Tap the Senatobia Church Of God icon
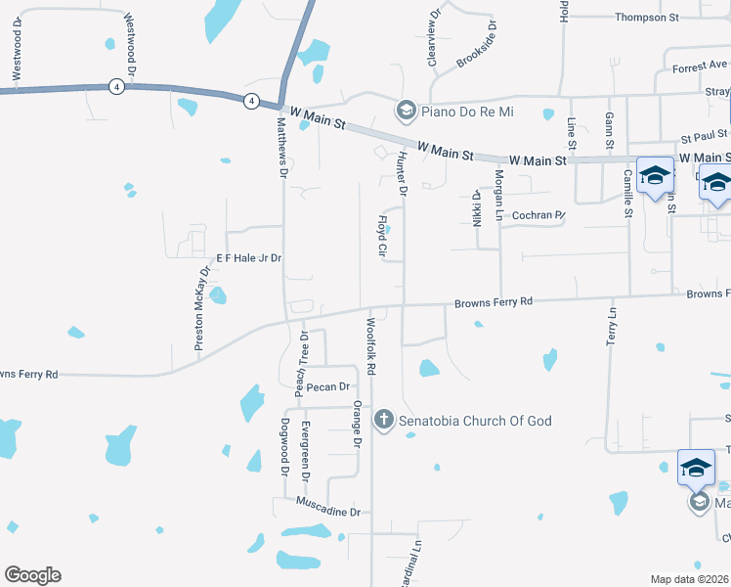(x=384, y=421)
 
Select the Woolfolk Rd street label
(x=371, y=348)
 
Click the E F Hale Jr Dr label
(x=249, y=258)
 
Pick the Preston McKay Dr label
(x=203, y=308)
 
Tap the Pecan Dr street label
(x=328, y=387)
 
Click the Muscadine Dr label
(x=328, y=512)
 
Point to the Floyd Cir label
(x=383, y=237)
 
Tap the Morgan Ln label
(x=498, y=193)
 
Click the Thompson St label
(x=647, y=18)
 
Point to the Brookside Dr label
(x=478, y=45)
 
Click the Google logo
(x=32, y=575)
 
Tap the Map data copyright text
(x=689, y=579)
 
